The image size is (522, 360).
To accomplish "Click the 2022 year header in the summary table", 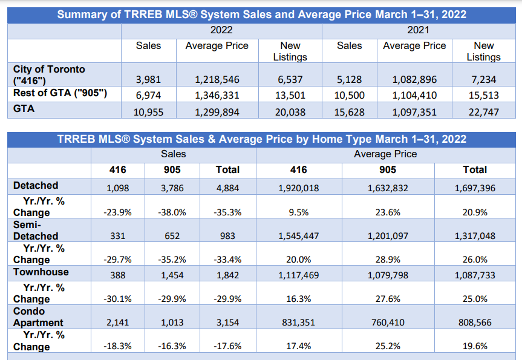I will (221, 30).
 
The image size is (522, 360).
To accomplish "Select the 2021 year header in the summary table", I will (417, 30).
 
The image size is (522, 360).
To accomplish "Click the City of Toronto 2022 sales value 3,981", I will (148, 79).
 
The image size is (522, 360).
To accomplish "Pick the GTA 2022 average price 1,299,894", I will (217, 112).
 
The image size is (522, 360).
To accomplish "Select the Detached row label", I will (36, 185).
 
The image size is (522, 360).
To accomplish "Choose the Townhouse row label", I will (41, 272).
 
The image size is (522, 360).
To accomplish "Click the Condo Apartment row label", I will (38, 317).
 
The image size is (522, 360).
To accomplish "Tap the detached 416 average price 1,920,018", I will (299, 188).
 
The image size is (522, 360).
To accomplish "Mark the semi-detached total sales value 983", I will (227, 236).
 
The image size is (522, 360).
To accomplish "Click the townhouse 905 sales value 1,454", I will (173, 275).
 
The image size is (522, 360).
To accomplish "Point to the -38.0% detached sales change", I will (173, 212).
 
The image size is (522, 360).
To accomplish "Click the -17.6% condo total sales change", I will (227, 347).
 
